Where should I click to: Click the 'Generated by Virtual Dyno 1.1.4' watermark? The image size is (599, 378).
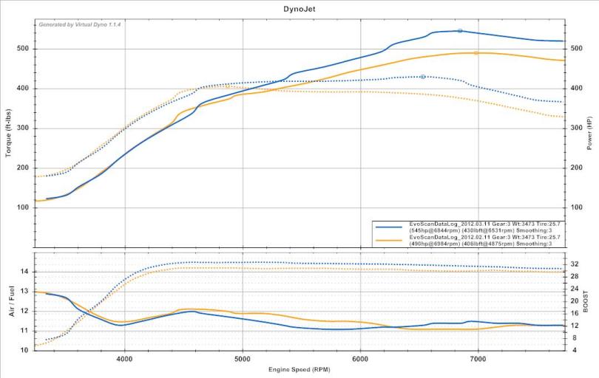point(80,24)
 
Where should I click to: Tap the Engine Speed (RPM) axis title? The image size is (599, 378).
point(299,368)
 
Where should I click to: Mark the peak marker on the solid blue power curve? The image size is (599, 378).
point(460,31)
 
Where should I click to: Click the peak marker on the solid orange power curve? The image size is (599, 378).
point(476,53)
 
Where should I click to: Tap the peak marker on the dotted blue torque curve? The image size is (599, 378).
point(423,77)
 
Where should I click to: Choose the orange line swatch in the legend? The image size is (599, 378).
point(390,239)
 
